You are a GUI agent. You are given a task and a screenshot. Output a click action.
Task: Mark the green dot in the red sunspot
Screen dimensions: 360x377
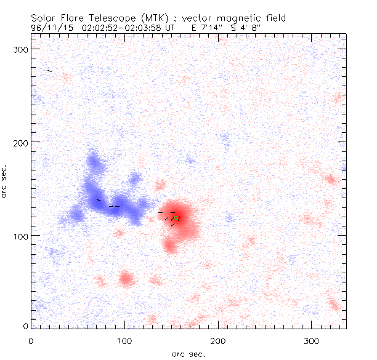pos(177,218)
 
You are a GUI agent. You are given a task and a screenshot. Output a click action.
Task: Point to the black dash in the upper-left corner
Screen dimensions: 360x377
pos(50,71)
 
